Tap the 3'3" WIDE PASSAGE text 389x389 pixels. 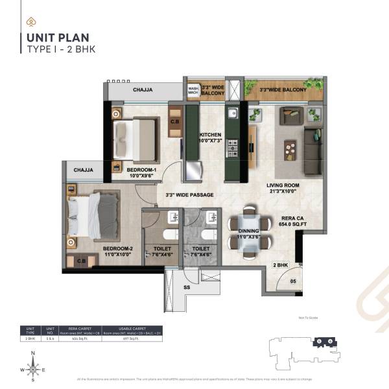click(x=189, y=194)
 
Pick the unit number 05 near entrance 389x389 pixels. click(x=292, y=281)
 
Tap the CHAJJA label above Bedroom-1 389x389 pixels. click(x=143, y=90)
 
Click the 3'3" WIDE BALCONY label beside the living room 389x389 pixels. click(x=283, y=90)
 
